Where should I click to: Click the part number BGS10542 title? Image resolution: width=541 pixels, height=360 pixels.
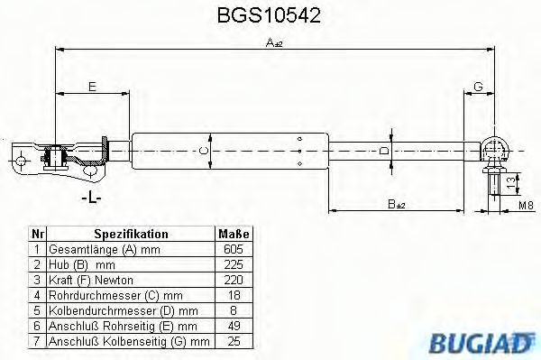(x=270, y=16)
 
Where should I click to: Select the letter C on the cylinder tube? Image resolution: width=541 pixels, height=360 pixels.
(x=204, y=150)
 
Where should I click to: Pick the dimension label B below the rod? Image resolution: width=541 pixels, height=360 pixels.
(x=395, y=205)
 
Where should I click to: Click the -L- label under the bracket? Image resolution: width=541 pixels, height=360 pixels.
(x=89, y=196)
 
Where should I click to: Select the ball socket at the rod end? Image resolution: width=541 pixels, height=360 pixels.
(x=495, y=146)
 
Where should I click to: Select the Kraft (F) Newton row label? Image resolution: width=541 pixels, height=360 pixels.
(x=88, y=280)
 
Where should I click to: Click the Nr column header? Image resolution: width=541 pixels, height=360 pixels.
(x=36, y=234)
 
